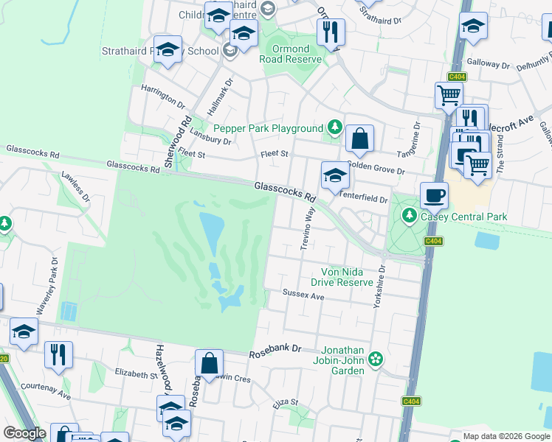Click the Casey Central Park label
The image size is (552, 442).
(x=464, y=217)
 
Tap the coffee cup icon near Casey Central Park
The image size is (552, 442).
(x=434, y=196)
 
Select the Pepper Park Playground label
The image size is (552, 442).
(x=269, y=128)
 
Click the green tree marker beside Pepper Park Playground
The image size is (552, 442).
(x=334, y=128)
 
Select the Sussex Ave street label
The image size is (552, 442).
(x=303, y=296)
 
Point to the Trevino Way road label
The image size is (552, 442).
(x=308, y=228)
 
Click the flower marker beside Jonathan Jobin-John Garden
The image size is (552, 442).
(x=376, y=359)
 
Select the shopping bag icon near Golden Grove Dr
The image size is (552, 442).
(x=359, y=138)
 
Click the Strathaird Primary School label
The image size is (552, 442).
(x=160, y=51)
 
